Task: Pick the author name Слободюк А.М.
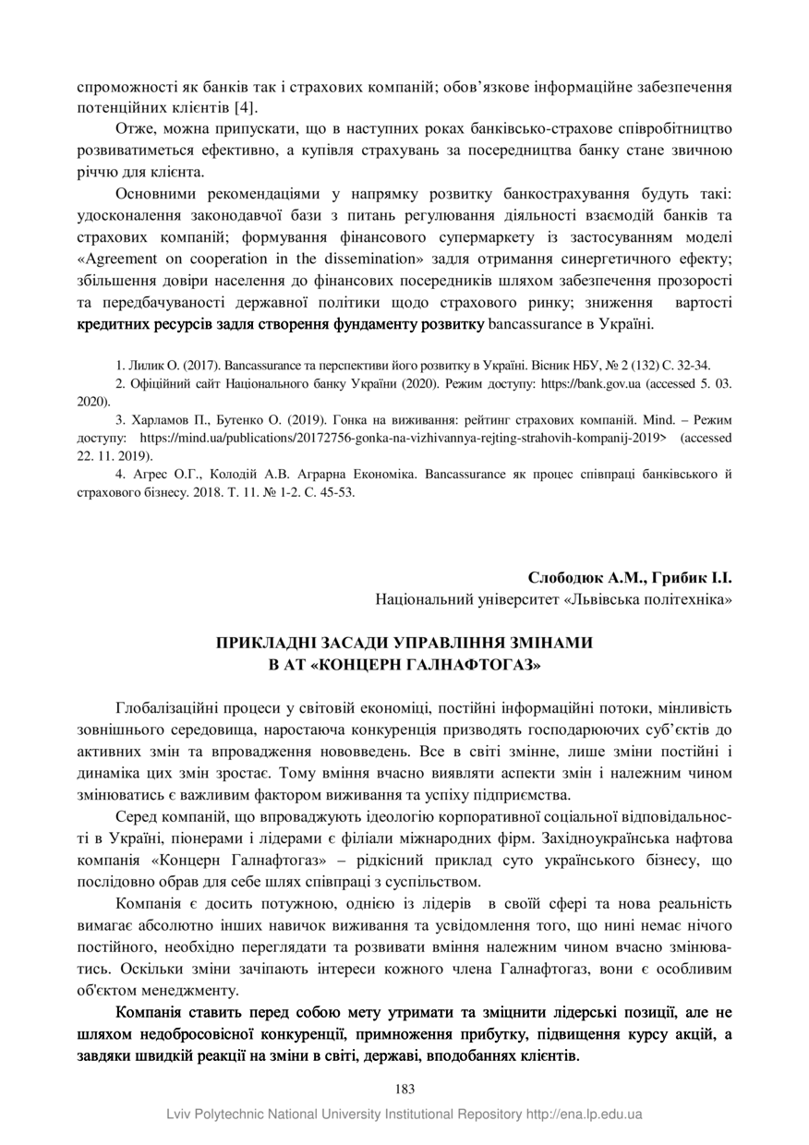pyautogui.click(x=577, y=578)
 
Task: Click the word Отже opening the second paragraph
pyautogui.click(x=132, y=128)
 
